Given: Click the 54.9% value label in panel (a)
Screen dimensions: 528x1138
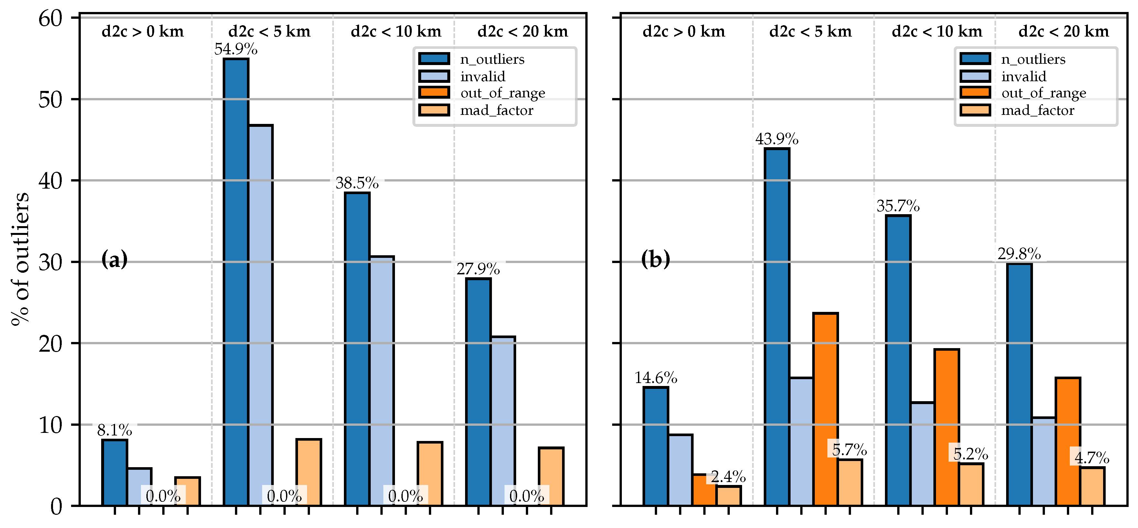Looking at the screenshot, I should (x=236, y=49).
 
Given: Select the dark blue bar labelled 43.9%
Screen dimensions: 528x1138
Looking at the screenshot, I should (x=777, y=327).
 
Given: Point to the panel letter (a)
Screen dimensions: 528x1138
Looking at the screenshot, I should (x=114, y=259).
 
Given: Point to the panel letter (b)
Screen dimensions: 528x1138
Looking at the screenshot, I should (x=655, y=259).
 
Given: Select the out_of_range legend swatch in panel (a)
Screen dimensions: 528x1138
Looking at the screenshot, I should (x=434, y=93).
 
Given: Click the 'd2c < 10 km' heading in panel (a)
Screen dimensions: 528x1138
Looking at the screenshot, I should (x=396, y=31).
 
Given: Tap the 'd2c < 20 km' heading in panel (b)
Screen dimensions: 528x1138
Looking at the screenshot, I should (x=1063, y=31).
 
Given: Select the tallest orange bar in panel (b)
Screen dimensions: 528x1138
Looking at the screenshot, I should (x=825, y=409).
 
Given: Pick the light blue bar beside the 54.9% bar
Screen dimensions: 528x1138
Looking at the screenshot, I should (x=260, y=315).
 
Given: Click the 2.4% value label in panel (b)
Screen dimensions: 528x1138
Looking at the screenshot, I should (x=728, y=477).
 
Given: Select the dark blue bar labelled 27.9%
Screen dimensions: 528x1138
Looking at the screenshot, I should (x=478, y=392).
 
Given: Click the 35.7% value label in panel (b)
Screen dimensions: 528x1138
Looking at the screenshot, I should (x=898, y=206).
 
